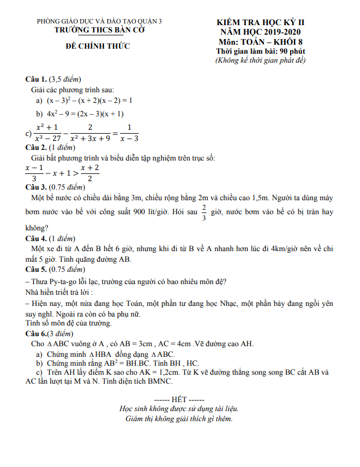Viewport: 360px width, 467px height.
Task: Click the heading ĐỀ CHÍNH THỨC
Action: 98,46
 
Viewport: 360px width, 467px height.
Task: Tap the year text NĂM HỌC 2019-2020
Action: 260,32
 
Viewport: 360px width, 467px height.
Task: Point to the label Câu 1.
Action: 36,78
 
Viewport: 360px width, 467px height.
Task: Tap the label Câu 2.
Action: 36,148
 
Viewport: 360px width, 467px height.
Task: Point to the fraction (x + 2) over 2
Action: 90,173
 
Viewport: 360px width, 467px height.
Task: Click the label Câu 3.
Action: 36,186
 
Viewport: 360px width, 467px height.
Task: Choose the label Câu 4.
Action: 36,238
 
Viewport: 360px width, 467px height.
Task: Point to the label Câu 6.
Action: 37,333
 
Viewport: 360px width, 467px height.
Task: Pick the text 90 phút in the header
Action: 291,51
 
